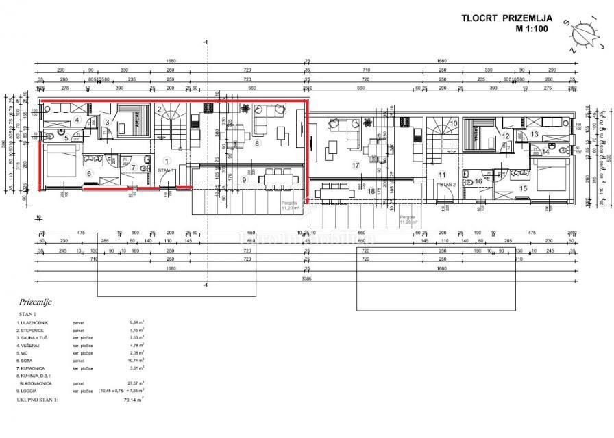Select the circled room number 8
click(x=258, y=144)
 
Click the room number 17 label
click(x=356, y=165)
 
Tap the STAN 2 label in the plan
click(x=447, y=185)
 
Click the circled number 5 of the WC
click(x=66, y=138)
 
